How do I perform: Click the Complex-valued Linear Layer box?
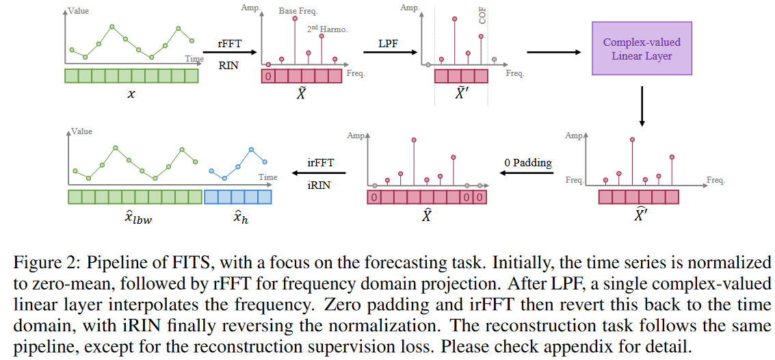642,49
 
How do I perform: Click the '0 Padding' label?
527,163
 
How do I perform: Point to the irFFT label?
321,163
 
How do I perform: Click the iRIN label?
319,183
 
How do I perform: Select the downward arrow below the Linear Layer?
642,106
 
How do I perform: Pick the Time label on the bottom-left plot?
267,177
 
